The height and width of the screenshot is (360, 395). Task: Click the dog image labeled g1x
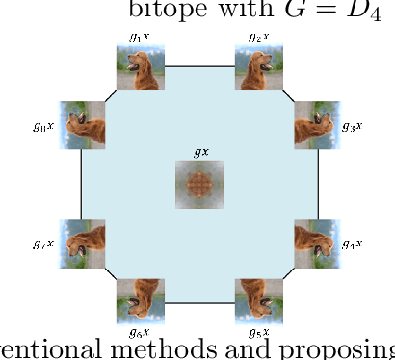click(141, 67)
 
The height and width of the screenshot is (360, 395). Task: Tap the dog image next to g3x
click(317, 125)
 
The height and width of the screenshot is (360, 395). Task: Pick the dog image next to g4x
click(317, 243)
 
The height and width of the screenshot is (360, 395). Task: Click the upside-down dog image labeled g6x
click(141, 300)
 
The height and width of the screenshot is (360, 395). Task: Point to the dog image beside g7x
click(82, 243)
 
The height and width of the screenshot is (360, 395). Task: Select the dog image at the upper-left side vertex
click(82, 125)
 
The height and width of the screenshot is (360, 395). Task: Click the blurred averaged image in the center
click(199, 184)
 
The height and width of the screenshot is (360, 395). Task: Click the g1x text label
click(140, 37)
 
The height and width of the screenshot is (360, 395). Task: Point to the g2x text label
click(258, 37)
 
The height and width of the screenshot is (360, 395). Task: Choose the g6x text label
click(141, 332)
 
